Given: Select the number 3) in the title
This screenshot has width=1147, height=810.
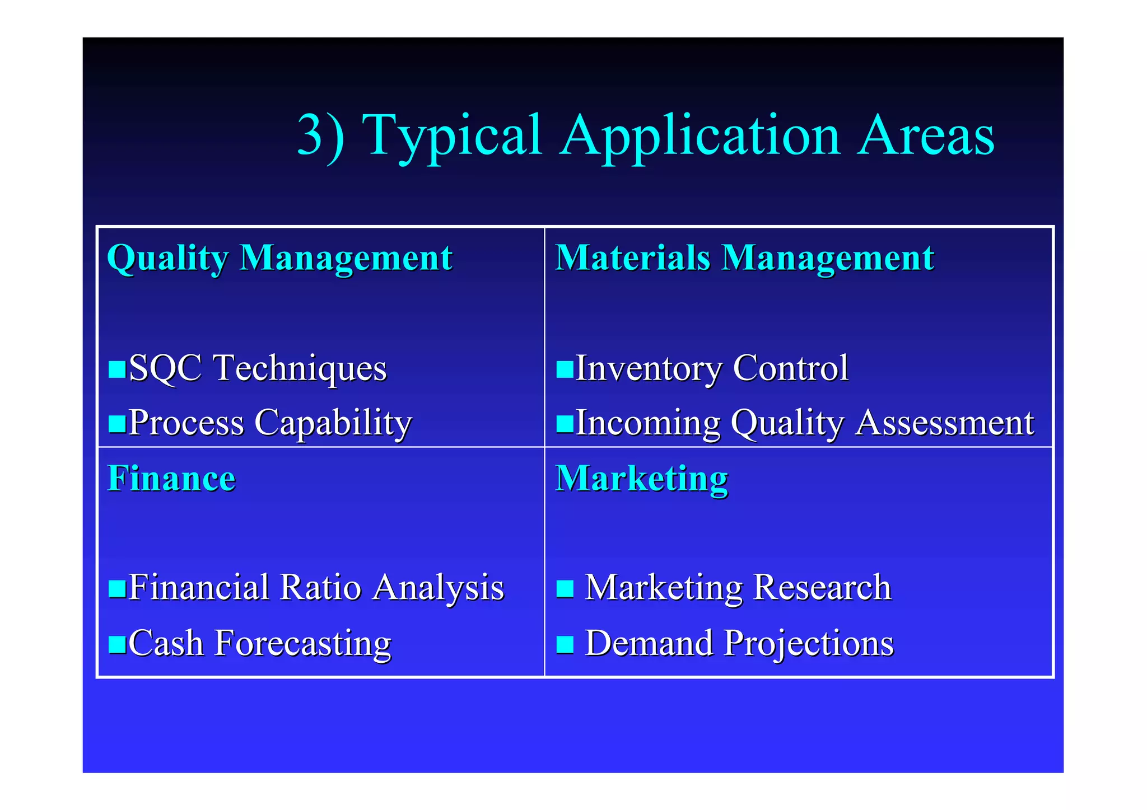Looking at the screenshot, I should point(321,135).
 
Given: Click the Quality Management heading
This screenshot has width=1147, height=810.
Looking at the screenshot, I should point(279,258).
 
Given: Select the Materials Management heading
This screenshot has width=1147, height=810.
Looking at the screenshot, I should point(744,258).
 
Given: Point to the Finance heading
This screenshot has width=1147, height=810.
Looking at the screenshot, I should point(171,479).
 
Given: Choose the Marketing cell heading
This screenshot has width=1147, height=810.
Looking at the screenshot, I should point(641,479).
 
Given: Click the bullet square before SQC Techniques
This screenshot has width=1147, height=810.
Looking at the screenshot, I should point(117,369).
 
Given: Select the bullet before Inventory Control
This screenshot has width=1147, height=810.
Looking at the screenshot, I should point(565,369).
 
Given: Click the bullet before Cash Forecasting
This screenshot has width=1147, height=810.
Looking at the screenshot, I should point(117,644).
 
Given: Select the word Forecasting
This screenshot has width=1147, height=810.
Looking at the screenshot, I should point(302,644).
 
